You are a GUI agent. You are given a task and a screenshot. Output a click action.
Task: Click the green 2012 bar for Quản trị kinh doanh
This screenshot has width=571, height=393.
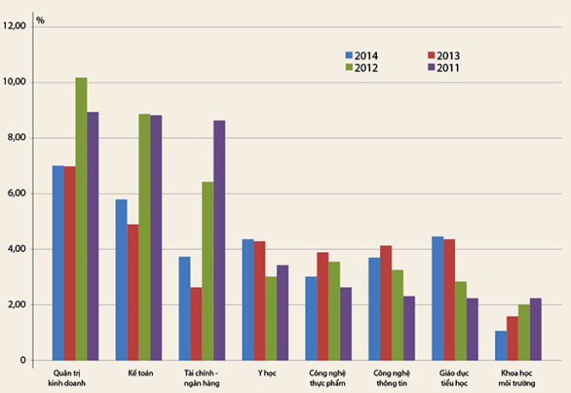[x=82, y=218]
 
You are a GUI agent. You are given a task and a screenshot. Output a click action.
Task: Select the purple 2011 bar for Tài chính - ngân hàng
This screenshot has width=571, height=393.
[x=219, y=240]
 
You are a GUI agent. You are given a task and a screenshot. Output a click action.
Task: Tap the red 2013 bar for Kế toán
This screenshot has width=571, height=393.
[x=133, y=292]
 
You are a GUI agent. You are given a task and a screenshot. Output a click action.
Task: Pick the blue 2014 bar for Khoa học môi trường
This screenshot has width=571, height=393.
[x=501, y=346]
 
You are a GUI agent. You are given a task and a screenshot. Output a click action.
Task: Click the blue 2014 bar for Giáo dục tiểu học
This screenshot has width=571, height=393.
[x=438, y=298]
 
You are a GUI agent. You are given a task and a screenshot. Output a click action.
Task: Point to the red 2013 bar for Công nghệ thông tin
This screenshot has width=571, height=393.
[x=386, y=303]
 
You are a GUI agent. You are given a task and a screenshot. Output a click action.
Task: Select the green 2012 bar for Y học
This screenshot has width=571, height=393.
[x=271, y=318]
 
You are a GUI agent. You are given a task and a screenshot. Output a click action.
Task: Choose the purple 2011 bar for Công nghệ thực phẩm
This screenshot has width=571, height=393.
[x=346, y=323]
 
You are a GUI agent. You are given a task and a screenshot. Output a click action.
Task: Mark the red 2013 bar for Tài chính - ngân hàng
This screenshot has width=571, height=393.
[x=196, y=323]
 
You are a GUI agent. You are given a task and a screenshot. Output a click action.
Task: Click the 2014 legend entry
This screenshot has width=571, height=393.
[x=361, y=56]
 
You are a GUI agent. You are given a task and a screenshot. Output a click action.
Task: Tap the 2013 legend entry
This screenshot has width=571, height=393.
[x=444, y=56]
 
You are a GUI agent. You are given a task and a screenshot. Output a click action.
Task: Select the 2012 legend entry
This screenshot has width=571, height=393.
[x=361, y=68]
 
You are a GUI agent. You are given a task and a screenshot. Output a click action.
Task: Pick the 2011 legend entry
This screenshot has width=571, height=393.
[x=444, y=68]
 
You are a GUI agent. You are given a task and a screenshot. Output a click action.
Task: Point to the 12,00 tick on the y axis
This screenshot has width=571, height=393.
[x=14, y=26]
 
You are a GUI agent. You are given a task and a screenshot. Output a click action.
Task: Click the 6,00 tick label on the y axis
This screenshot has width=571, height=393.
[x=15, y=193]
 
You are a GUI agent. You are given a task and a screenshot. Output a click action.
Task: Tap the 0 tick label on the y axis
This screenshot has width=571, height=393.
[x=23, y=360]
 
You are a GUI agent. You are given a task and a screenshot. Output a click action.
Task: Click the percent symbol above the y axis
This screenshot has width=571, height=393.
[x=40, y=21]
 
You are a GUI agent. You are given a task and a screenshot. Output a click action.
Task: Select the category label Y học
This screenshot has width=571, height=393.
[x=267, y=373]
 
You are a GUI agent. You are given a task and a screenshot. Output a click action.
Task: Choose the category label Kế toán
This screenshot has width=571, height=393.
[x=141, y=373]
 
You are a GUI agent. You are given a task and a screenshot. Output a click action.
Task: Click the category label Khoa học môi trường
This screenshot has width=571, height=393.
[x=517, y=378]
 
